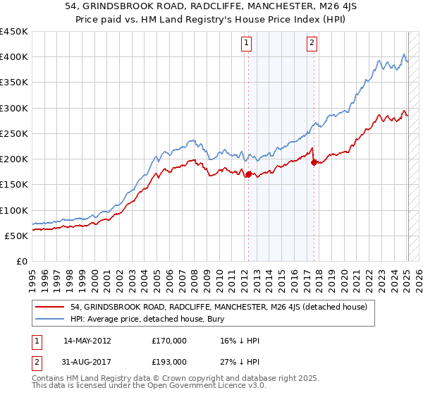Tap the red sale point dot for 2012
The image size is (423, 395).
248,174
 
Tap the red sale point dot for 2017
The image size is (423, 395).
314,162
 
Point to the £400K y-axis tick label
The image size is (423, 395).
13,57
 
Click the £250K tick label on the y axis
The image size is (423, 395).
13,133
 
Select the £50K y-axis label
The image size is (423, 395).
16,236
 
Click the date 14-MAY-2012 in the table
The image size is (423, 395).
87,340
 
